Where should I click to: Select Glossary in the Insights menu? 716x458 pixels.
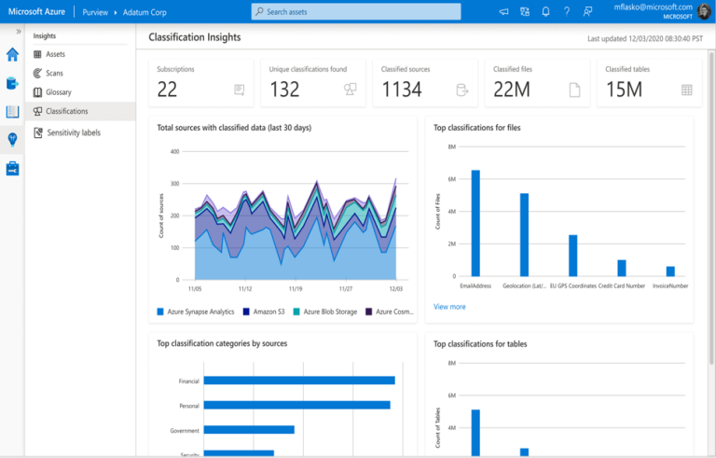[x=58, y=92]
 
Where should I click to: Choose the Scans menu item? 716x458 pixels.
[x=54, y=73]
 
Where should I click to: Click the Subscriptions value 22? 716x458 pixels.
[x=167, y=90]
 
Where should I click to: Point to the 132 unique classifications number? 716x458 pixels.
[x=284, y=90]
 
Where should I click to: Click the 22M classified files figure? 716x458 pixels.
[x=512, y=90]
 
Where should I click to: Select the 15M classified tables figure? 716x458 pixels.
[x=625, y=90]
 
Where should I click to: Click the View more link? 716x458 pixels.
[x=449, y=306]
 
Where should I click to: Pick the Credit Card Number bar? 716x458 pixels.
[x=622, y=268]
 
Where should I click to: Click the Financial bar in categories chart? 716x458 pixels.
[x=299, y=381]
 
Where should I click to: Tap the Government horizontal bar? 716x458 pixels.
[x=249, y=430]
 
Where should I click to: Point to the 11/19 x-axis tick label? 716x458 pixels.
[x=295, y=289]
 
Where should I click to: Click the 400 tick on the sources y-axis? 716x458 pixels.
[x=172, y=151]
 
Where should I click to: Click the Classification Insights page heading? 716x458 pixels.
[x=195, y=37]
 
